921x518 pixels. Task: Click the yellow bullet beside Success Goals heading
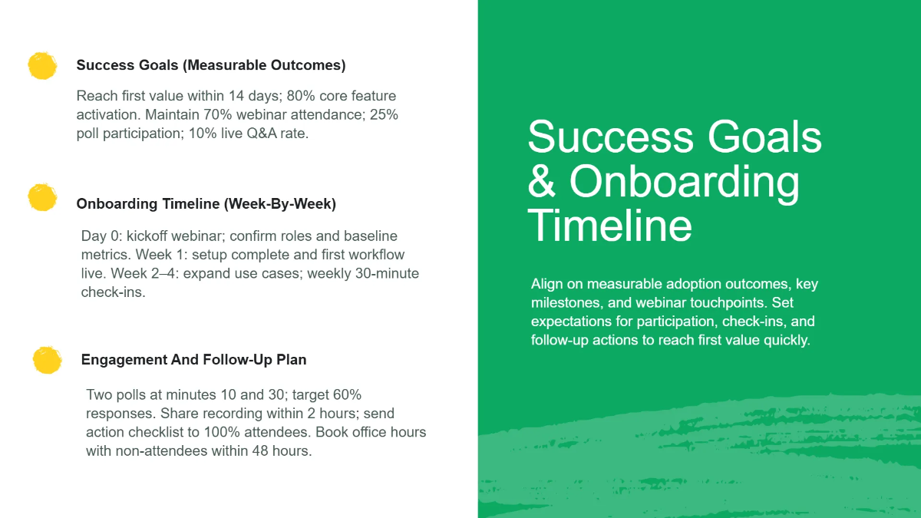coord(42,66)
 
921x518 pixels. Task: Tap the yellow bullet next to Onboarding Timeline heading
coord(42,197)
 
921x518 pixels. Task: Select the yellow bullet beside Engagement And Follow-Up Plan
coord(47,360)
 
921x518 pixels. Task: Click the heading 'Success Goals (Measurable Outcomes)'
coord(211,66)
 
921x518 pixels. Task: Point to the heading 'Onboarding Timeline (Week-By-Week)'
coord(206,204)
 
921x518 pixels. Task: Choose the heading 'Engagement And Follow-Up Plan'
coord(193,360)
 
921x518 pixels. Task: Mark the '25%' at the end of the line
coord(382,115)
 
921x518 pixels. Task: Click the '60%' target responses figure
coord(346,395)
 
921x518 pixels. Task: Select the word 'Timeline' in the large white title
coord(609,226)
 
